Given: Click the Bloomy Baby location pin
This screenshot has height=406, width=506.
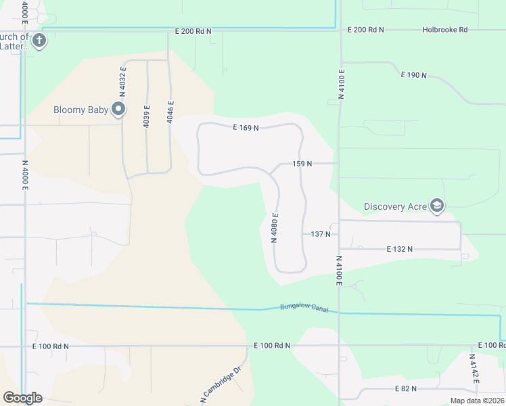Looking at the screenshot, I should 119,110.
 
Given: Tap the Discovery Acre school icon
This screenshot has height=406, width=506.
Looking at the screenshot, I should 437,206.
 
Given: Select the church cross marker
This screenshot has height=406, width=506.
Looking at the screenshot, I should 40,41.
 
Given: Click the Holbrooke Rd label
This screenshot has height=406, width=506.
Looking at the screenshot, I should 445,30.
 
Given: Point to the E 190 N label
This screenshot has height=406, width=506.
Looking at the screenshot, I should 414,74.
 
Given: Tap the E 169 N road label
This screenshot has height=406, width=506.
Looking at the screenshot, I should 246,127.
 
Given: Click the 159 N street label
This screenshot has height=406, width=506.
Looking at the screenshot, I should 302,164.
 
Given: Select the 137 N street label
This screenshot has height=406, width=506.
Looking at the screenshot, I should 321,234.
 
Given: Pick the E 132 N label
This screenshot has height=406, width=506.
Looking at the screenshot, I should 400,249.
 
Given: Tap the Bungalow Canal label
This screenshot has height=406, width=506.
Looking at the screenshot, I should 304,309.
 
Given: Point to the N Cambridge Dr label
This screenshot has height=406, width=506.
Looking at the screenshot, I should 221,384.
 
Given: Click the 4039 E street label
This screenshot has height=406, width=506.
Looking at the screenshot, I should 146,116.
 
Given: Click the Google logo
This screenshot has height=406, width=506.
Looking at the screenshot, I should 22,398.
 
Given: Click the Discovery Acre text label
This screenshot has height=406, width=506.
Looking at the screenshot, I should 395,206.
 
